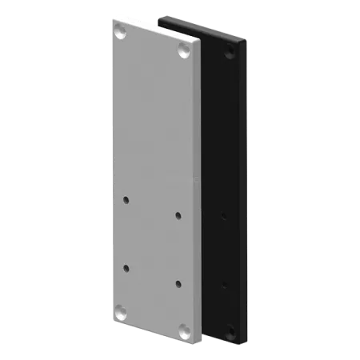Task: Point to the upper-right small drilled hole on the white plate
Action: coord(178,214)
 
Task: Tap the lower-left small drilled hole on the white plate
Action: coord(126,267)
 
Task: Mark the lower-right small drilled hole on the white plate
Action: coord(178,283)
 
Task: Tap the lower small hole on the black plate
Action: coord(223,284)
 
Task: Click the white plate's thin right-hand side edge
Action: coord(199,192)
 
